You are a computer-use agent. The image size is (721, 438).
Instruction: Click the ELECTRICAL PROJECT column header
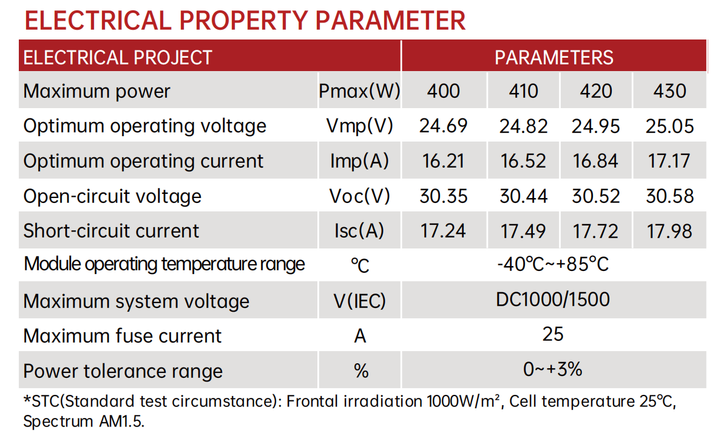click(118, 57)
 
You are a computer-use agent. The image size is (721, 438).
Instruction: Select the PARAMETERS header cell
click(553, 57)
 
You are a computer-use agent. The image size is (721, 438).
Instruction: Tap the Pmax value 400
click(443, 91)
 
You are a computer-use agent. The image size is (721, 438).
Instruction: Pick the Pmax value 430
click(669, 91)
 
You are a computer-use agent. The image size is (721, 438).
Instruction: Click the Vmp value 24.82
click(523, 126)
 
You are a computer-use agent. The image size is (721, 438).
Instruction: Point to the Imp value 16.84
click(595, 161)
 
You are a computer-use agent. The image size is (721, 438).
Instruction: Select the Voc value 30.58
click(669, 196)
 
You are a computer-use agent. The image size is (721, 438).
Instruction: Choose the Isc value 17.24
click(443, 231)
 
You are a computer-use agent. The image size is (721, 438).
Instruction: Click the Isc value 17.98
click(669, 231)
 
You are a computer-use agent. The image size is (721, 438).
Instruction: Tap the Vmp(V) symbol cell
click(359, 126)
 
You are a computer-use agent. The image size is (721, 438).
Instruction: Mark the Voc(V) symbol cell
click(359, 196)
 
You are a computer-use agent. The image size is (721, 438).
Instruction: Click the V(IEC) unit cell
click(359, 301)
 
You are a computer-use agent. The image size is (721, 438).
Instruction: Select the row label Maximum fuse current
click(123, 336)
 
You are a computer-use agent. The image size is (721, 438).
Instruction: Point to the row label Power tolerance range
click(123, 371)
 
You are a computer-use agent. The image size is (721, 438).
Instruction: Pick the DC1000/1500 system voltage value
click(553, 299)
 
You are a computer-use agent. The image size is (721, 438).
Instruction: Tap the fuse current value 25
click(553, 334)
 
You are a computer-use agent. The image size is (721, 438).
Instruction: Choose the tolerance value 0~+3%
click(553, 369)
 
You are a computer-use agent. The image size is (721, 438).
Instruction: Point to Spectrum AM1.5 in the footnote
click(84, 422)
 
